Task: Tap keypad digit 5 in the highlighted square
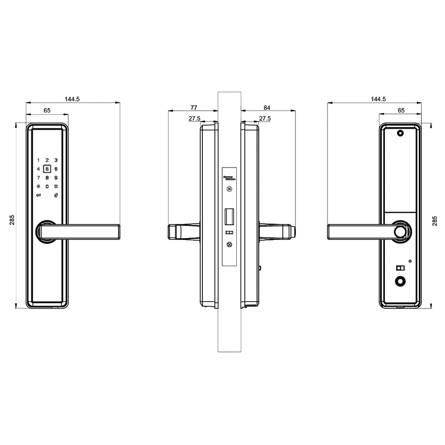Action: [x=47, y=169]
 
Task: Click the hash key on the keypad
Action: [x=56, y=186]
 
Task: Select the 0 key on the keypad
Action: [x=47, y=186]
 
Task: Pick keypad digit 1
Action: [x=38, y=160]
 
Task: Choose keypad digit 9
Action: [x=56, y=178]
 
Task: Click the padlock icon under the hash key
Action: [x=56, y=195]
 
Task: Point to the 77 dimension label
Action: [x=194, y=107]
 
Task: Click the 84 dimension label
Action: [x=267, y=107]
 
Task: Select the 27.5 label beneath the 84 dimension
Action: [x=265, y=118]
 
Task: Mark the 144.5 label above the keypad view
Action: [x=72, y=99]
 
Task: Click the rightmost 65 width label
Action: [x=401, y=110]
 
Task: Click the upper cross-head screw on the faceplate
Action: [x=229, y=189]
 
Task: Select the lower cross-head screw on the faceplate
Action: [x=229, y=244]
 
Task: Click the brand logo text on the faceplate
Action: [x=229, y=178]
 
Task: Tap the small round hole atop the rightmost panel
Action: [x=400, y=133]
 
